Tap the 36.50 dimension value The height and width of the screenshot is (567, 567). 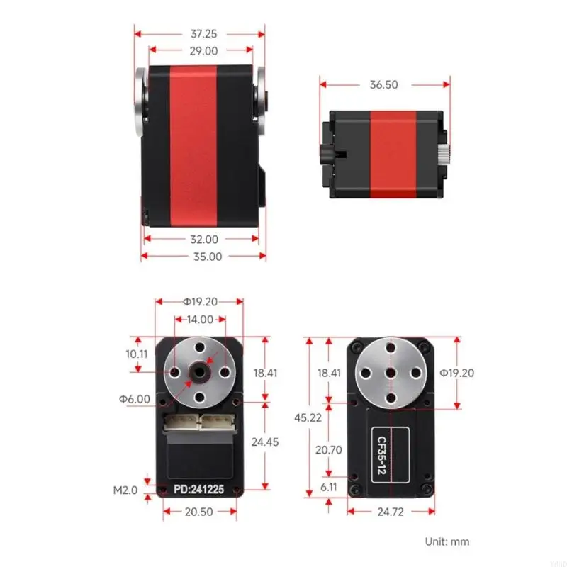click(x=383, y=84)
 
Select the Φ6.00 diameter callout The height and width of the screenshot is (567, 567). click(x=135, y=399)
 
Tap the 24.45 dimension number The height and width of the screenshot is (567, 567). click(x=266, y=441)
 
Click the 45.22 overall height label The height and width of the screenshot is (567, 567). click(x=308, y=417)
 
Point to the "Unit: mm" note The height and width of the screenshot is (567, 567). click(x=447, y=541)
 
